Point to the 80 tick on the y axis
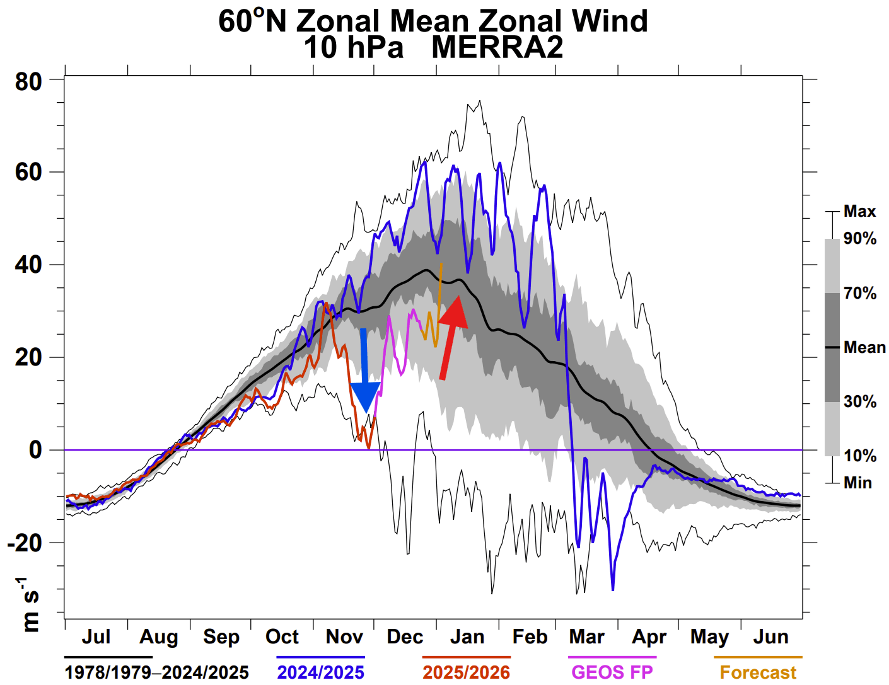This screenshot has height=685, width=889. click(28, 81)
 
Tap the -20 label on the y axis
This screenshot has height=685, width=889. click(25, 543)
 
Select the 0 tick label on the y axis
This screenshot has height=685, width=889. click(35, 450)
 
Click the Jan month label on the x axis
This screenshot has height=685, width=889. click(467, 637)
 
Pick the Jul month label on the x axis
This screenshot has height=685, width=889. click(96, 637)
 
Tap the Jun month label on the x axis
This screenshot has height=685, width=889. click(770, 637)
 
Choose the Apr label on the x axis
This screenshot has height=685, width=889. click(649, 637)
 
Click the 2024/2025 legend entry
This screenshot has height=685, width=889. click(320, 672)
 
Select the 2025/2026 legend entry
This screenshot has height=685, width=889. click(466, 672)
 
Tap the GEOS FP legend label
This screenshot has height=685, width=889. click(612, 672)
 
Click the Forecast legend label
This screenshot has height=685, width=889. click(758, 672)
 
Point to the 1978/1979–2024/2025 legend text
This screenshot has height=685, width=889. click(156, 672)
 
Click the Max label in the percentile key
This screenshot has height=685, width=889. click(859, 212)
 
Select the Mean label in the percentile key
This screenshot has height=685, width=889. click(864, 347)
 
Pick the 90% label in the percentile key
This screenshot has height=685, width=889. click(860, 239)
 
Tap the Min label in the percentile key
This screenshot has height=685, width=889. click(858, 483)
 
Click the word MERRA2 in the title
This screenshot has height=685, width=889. click(497, 48)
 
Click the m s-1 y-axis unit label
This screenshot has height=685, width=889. click(29, 604)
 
